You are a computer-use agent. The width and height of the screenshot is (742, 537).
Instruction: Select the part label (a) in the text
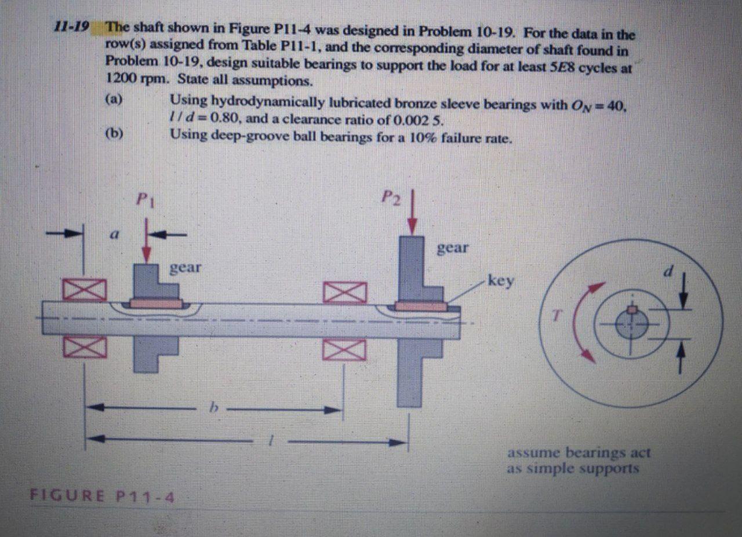(x=113, y=98)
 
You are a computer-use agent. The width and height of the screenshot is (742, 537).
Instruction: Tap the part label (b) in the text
(x=114, y=134)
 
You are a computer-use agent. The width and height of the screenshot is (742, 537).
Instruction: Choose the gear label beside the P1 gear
(x=185, y=268)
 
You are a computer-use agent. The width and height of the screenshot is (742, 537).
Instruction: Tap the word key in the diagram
(x=501, y=281)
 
